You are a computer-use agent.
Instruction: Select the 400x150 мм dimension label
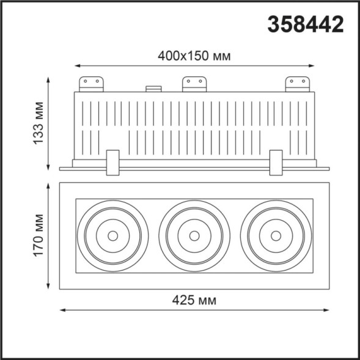click(194, 56)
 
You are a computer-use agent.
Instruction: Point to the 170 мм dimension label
click(39, 235)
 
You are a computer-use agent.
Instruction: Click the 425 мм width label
click(195, 300)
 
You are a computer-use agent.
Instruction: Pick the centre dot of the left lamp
click(112, 235)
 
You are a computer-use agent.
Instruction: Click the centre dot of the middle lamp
click(194, 235)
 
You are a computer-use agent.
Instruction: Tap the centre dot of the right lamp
click(276, 235)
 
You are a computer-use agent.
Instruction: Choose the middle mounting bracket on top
click(194, 84)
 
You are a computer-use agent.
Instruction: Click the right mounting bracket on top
click(297, 84)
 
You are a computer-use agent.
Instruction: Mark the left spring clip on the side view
click(112, 162)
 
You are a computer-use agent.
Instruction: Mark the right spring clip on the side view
click(276, 162)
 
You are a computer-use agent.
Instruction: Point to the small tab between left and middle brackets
click(153, 89)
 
